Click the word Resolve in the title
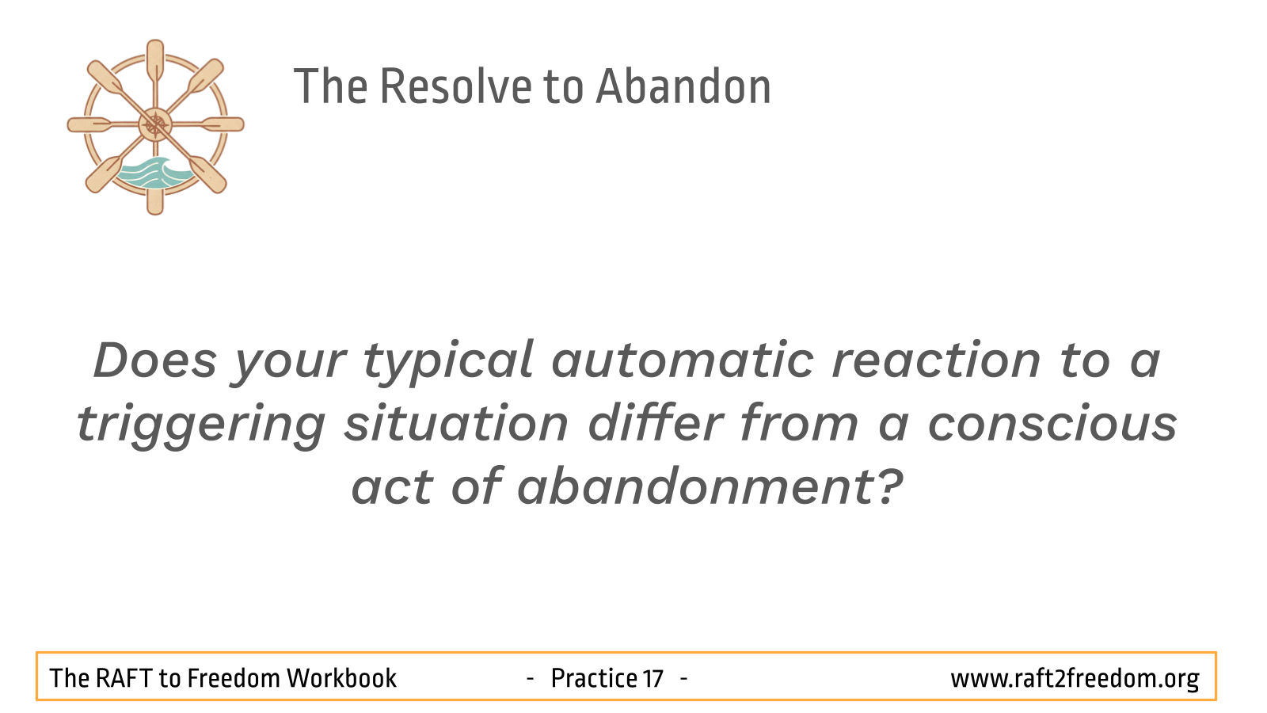pyautogui.click(x=455, y=86)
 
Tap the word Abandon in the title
pyautogui.click(x=683, y=86)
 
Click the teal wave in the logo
pyautogui.click(x=153, y=173)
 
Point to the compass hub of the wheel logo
pyautogui.click(x=155, y=124)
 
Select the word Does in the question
pyautogui.click(x=155, y=360)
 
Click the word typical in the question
pyautogui.click(x=448, y=363)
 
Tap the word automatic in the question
pyautogui.click(x=683, y=360)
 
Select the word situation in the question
pyautogui.click(x=456, y=424)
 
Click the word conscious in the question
pyautogui.click(x=1052, y=424)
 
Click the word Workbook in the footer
pyautogui.click(x=341, y=678)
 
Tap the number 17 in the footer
pyautogui.click(x=653, y=678)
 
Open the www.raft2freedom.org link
pyautogui.click(x=1075, y=678)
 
